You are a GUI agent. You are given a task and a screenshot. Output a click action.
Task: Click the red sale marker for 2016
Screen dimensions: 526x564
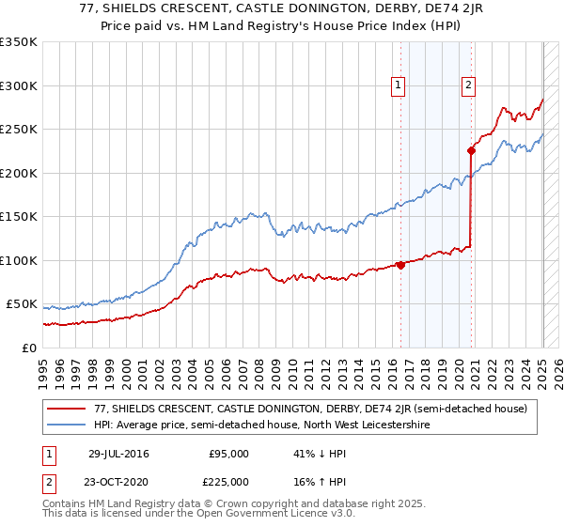(x=401, y=265)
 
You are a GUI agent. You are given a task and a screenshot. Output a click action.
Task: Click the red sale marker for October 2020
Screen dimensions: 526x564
(x=471, y=150)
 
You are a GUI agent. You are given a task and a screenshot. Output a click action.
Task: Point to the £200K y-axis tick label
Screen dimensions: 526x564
(x=20, y=173)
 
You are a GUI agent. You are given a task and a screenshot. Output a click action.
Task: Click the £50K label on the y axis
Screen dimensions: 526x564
(x=23, y=304)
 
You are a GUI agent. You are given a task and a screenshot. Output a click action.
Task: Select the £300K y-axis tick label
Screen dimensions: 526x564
(x=20, y=85)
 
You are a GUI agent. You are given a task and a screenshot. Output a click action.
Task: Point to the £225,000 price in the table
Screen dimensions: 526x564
(x=230, y=482)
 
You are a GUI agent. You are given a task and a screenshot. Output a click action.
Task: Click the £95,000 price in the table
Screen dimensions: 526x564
(x=230, y=454)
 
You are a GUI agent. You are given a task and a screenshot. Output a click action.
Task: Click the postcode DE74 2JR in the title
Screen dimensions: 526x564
(x=422, y=11)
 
